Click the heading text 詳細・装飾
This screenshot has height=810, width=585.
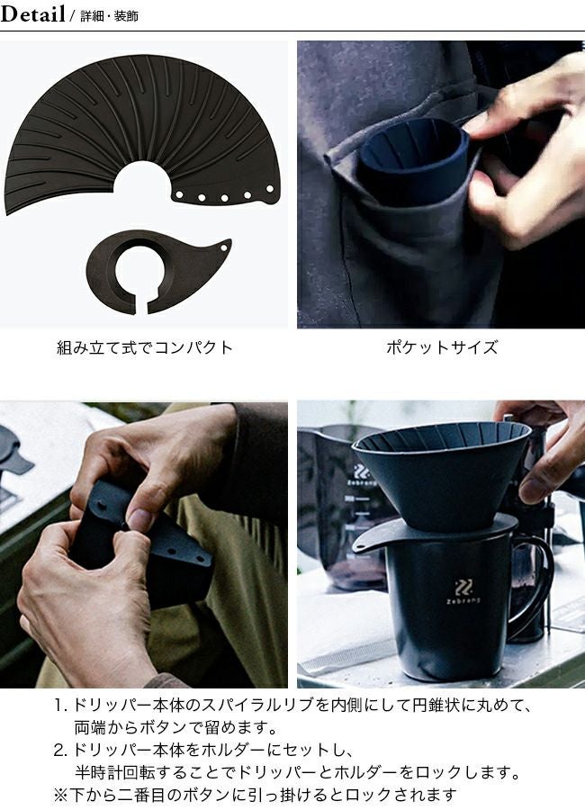[x=110, y=16]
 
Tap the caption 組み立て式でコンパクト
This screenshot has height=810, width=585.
[x=145, y=347]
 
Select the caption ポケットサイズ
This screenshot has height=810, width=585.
[x=443, y=347]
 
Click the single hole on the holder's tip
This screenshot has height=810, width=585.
[x=224, y=247]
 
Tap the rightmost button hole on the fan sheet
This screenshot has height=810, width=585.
[x=270, y=189]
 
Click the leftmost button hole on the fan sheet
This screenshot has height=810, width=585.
[x=179, y=195]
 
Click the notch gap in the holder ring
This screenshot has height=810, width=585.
[x=141, y=307]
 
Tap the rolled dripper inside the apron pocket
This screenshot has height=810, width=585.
[x=413, y=161]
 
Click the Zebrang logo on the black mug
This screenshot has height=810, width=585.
[x=463, y=592]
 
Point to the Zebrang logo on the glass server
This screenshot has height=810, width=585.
[x=362, y=475]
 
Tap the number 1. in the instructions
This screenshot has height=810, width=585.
[x=61, y=705]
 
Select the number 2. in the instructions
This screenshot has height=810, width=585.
[x=61, y=750]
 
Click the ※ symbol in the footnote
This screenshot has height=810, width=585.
[x=61, y=795]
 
